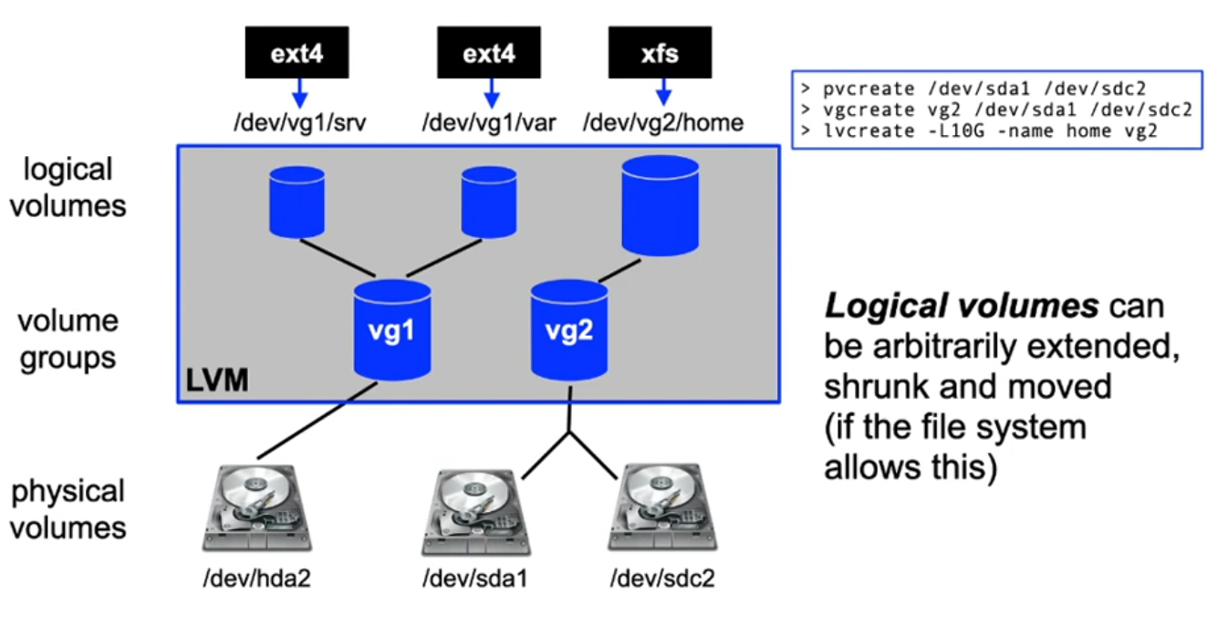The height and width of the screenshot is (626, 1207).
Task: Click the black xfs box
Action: [x=660, y=54]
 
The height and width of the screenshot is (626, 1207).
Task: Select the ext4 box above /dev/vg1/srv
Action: [x=297, y=54]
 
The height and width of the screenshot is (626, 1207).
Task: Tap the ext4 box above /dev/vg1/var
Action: [x=489, y=54]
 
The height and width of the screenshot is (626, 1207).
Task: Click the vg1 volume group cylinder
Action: [x=392, y=329]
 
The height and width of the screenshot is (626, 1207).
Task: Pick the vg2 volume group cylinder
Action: [x=569, y=328]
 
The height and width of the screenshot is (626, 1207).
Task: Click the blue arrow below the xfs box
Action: [x=663, y=91]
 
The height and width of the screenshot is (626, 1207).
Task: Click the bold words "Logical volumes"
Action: [x=961, y=307]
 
